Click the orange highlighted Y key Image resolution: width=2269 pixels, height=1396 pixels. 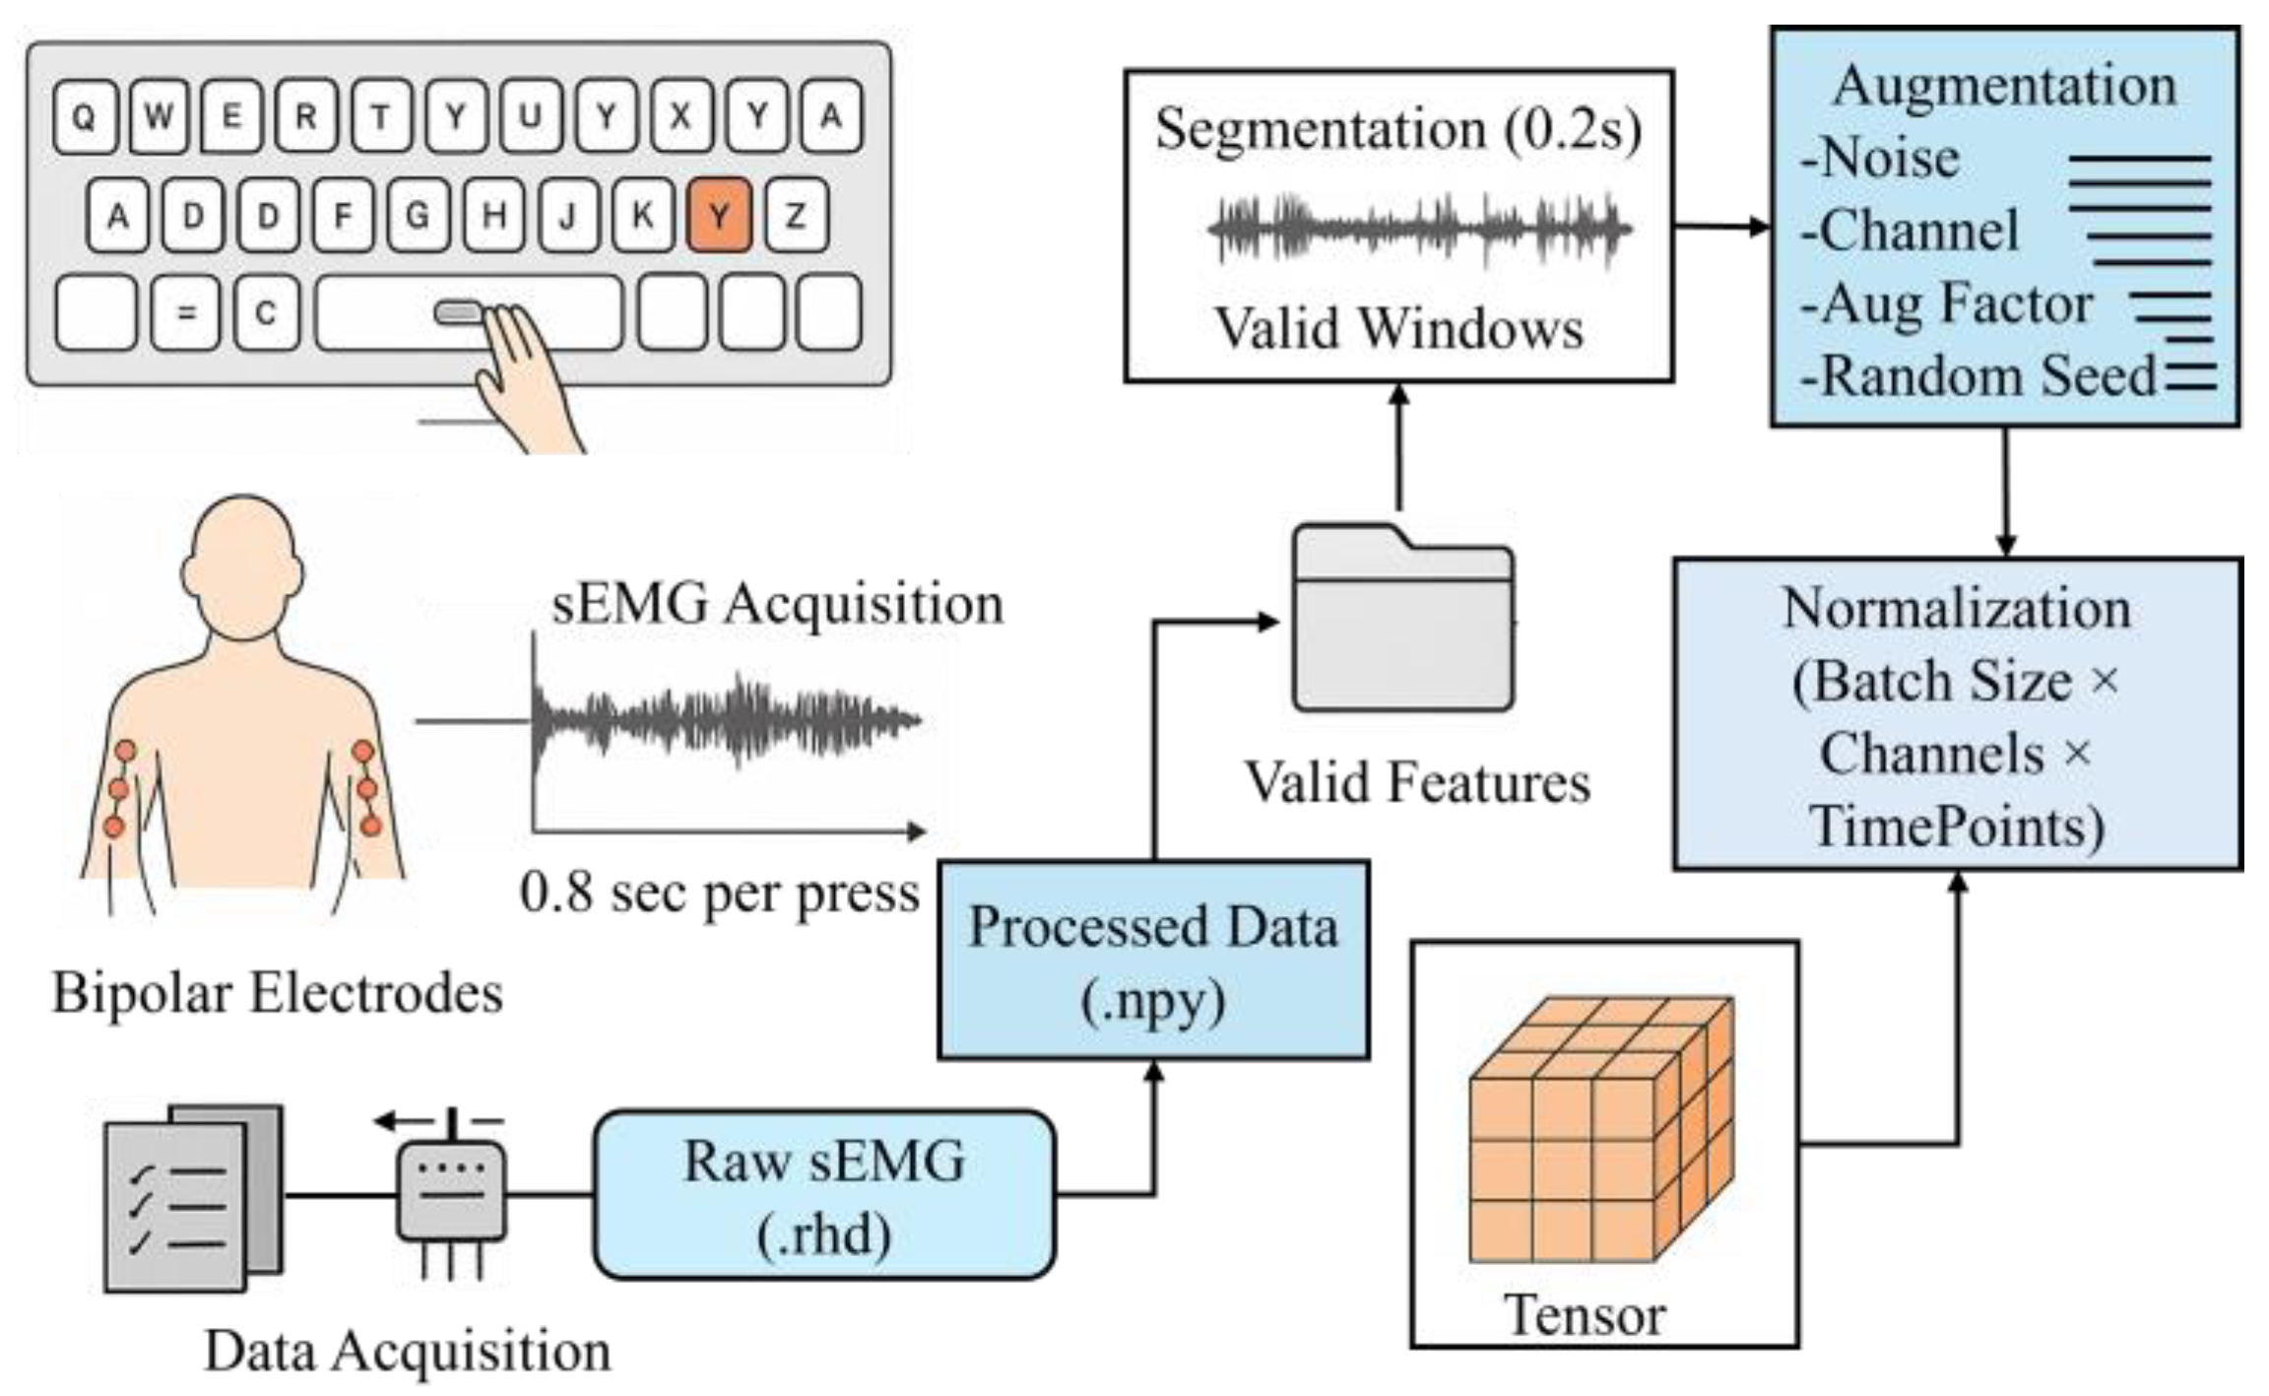pyautogui.click(x=719, y=215)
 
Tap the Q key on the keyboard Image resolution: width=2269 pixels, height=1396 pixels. pyautogui.click(x=85, y=117)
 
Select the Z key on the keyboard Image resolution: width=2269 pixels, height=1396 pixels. pyautogui.click(x=796, y=215)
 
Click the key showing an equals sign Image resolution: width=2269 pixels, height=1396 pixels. pyautogui.click(x=185, y=313)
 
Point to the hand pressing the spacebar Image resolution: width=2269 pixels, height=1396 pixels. pyautogui.click(x=522, y=374)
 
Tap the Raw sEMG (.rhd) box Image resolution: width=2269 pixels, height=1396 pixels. pyautogui.click(x=824, y=1195)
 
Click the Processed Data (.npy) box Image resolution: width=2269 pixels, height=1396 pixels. pyautogui.click(x=1153, y=961)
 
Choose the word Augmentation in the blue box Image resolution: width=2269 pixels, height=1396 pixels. pyautogui.click(x=2004, y=86)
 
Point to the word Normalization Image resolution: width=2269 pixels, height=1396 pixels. pyautogui.click(x=1956, y=608)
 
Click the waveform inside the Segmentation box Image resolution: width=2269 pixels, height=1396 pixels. pyautogui.click(x=1418, y=229)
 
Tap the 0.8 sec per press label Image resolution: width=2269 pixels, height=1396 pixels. pyautogui.click(x=719, y=894)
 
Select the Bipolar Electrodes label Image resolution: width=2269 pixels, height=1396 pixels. pyautogui.click(x=277, y=993)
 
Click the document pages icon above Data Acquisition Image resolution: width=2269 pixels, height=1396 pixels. pyautogui.click(x=192, y=1197)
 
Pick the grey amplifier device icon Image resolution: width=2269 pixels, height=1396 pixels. pyautogui.click(x=451, y=1192)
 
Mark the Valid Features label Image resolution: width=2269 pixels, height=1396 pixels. pyautogui.click(x=1416, y=783)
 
